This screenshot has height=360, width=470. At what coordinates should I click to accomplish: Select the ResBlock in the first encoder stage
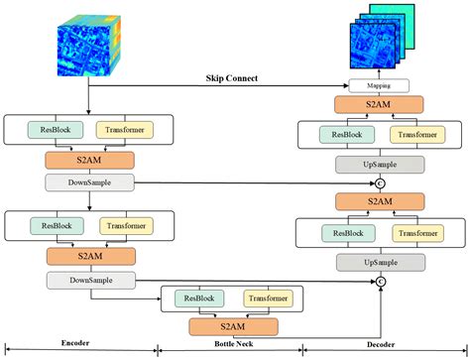[x=56, y=129]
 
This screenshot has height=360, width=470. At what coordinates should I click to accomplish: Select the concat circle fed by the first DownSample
[x=378, y=183]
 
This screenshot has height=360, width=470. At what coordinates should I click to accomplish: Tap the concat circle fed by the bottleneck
[x=378, y=283]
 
